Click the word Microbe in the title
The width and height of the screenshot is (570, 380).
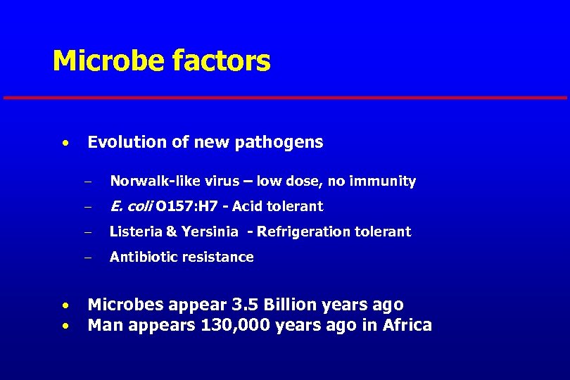tap(106, 61)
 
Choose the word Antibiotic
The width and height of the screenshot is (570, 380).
tap(143, 257)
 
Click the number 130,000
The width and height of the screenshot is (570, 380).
tap(229, 325)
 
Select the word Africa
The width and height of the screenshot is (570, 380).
tap(406, 325)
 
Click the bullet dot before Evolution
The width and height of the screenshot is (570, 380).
tap(64, 144)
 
